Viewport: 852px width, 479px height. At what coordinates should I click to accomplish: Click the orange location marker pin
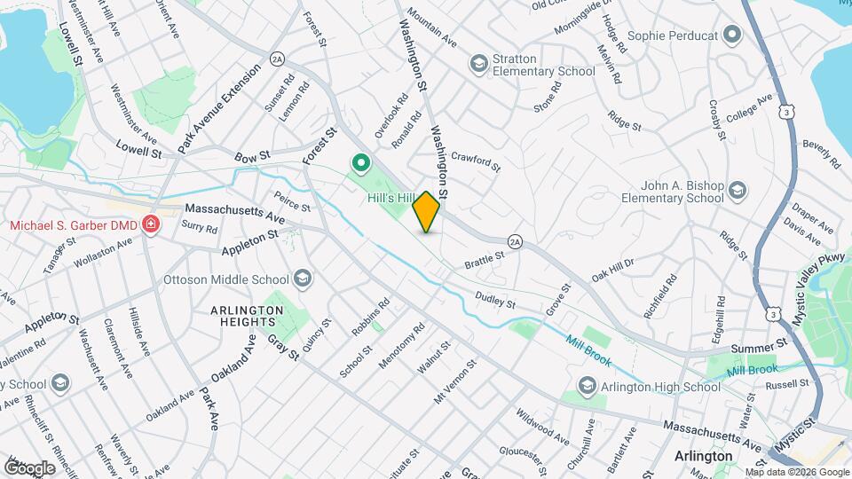point(427,212)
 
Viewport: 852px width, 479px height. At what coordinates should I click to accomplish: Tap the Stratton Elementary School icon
point(479,63)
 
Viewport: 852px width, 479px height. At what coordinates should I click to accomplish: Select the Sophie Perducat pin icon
point(732,35)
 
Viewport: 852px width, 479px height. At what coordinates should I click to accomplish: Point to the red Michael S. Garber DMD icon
point(150,224)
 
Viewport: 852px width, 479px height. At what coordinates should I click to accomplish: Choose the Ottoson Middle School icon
point(303,279)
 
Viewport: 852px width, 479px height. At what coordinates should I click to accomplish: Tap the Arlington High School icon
point(586,387)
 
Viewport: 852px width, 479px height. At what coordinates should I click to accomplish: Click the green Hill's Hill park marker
point(361,163)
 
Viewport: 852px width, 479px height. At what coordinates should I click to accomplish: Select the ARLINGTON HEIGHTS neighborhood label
point(247,317)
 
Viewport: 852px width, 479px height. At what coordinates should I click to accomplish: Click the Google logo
point(30,467)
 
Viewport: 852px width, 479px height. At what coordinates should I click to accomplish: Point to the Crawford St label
point(477,161)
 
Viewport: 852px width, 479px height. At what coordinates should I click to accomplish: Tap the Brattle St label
point(485,260)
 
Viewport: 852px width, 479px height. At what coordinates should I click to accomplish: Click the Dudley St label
point(495,301)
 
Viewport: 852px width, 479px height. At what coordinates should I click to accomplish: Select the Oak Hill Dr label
point(613,270)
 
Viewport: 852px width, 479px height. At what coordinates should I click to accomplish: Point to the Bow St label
point(252,157)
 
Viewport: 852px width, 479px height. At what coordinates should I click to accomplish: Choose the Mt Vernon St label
point(455,382)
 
